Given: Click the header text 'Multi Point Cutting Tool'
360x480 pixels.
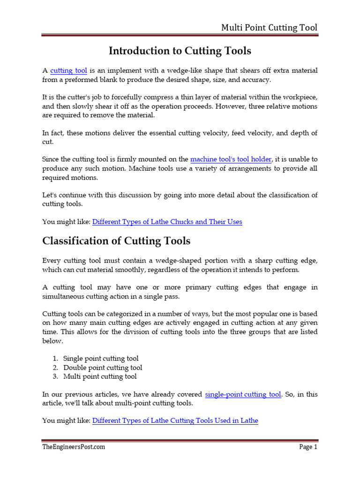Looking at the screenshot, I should tap(269, 28).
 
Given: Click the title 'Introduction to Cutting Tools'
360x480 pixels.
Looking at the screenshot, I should tap(180, 51).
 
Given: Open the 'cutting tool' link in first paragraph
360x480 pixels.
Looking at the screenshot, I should tap(68, 71).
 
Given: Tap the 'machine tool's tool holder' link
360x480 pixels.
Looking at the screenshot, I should tap(231, 159).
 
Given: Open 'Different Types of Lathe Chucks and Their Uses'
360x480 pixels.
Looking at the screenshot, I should tap(167, 222).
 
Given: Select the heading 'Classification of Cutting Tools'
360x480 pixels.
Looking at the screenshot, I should tap(116, 241).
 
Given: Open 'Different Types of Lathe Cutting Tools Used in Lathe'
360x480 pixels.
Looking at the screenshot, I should tap(175, 420).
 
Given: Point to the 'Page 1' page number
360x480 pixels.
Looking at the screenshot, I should tap(308, 447).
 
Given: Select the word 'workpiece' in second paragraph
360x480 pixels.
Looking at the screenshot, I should tap(302, 97).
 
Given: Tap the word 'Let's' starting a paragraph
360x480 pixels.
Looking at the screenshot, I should tap(51, 195).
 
